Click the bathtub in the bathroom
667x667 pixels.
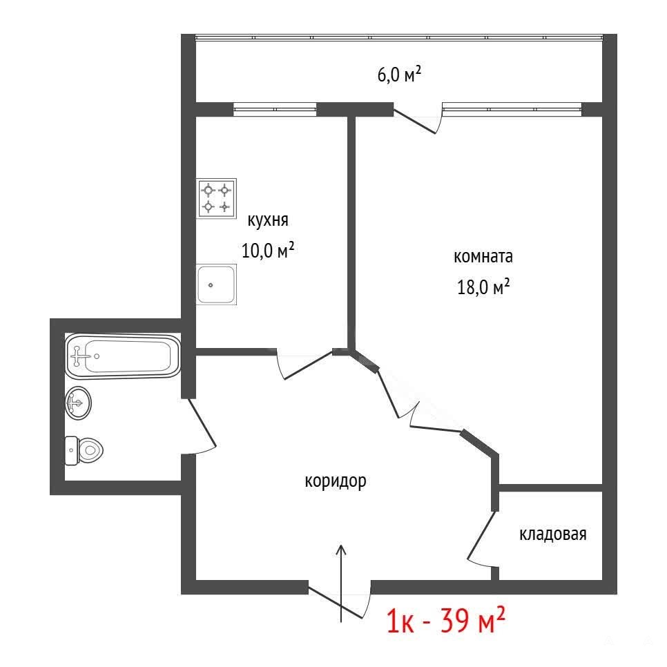pyautogui.click(x=123, y=356)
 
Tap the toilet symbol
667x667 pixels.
pyautogui.click(x=84, y=450)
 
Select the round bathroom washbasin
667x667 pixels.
pyautogui.click(x=78, y=403)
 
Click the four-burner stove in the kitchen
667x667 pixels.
pyautogui.click(x=216, y=199)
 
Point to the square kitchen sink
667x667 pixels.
pyautogui.click(x=216, y=284)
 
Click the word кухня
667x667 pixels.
pyautogui.click(x=268, y=220)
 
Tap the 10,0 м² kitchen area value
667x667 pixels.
pyautogui.click(x=268, y=250)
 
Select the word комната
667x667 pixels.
pyautogui.click(x=483, y=256)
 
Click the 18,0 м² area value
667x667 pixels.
pyautogui.click(x=483, y=287)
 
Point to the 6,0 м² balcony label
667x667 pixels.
pyautogui.click(x=399, y=75)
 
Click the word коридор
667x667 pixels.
pyautogui.click(x=335, y=481)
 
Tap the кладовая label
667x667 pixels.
pyautogui.click(x=552, y=534)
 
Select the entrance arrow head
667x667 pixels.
pyautogui.click(x=340, y=550)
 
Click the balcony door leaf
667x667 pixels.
pyautogui.click(x=415, y=122)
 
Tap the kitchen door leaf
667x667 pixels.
pyautogui.click(x=309, y=365)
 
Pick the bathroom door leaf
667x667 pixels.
pyautogui.click(x=202, y=423)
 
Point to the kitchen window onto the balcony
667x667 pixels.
pyautogui.click(x=275, y=109)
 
